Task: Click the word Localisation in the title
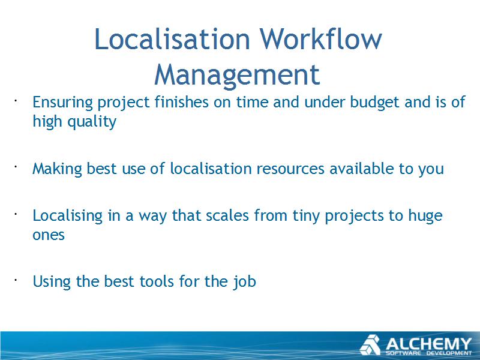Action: point(172,39)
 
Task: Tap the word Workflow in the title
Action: point(321,39)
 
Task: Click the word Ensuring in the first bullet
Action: point(62,103)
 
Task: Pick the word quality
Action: point(92,122)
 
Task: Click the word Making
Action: point(57,169)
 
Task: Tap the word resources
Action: point(290,169)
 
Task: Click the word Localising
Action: point(68,216)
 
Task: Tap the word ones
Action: point(49,235)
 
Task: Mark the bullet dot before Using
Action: point(15,280)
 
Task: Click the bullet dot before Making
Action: point(15,167)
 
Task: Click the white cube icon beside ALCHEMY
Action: point(370,345)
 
